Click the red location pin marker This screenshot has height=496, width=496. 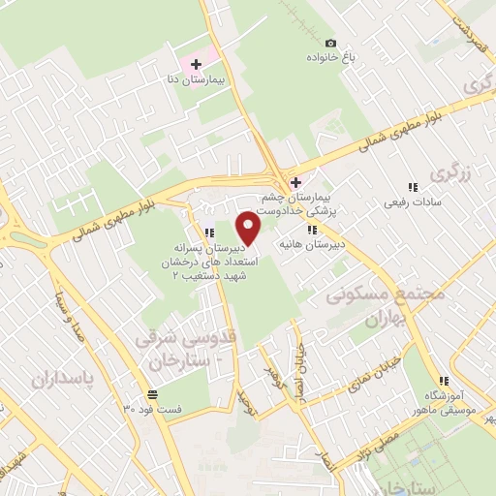(x=249, y=229)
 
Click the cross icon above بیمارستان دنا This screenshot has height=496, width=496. (x=197, y=64)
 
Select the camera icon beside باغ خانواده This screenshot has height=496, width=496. (x=330, y=43)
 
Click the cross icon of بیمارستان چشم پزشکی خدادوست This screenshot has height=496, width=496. (x=295, y=182)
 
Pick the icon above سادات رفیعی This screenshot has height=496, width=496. (x=413, y=187)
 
